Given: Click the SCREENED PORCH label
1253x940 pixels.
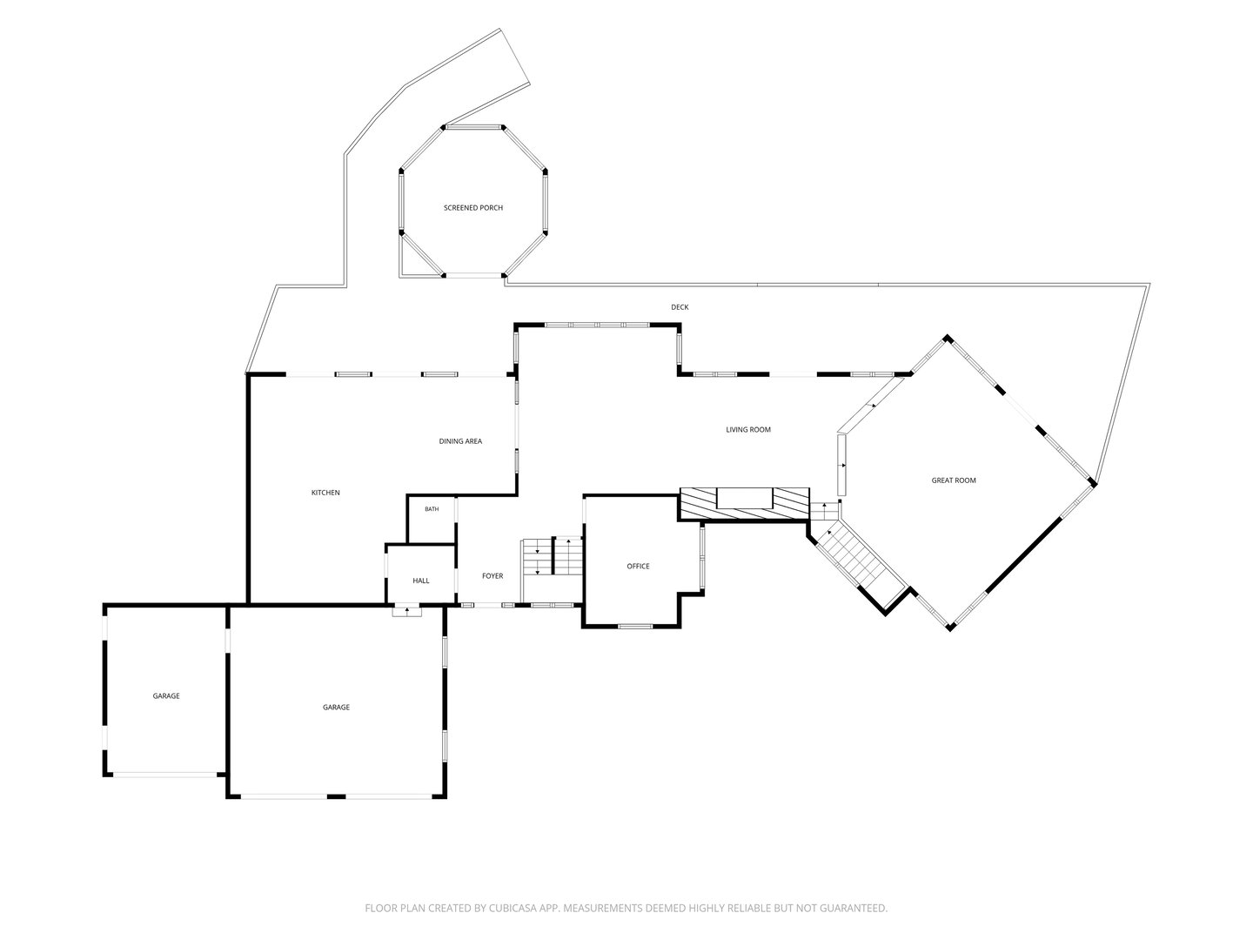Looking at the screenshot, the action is (x=473, y=208).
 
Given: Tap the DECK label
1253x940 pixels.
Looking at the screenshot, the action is (x=680, y=307).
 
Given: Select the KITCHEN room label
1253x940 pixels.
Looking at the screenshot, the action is (x=325, y=493).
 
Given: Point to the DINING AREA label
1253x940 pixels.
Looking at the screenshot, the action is (x=460, y=441).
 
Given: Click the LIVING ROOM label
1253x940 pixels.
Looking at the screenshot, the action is (x=747, y=430).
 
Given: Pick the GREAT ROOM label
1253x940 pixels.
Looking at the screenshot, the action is (x=954, y=480).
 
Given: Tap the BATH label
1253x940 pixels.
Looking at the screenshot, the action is (x=432, y=509).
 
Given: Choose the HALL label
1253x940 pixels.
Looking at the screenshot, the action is (x=420, y=581).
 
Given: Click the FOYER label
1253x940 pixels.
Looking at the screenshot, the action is (x=492, y=576).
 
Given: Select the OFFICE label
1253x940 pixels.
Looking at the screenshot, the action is (x=638, y=566).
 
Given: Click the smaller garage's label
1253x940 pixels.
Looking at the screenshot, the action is (x=166, y=695).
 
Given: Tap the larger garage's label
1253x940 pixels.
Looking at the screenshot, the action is (x=336, y=707).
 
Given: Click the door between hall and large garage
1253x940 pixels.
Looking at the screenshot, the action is (x=407, y=612).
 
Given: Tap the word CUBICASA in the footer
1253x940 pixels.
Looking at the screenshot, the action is (x=513, y=908).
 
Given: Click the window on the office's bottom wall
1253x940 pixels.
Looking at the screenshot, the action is (x=635, y=626).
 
